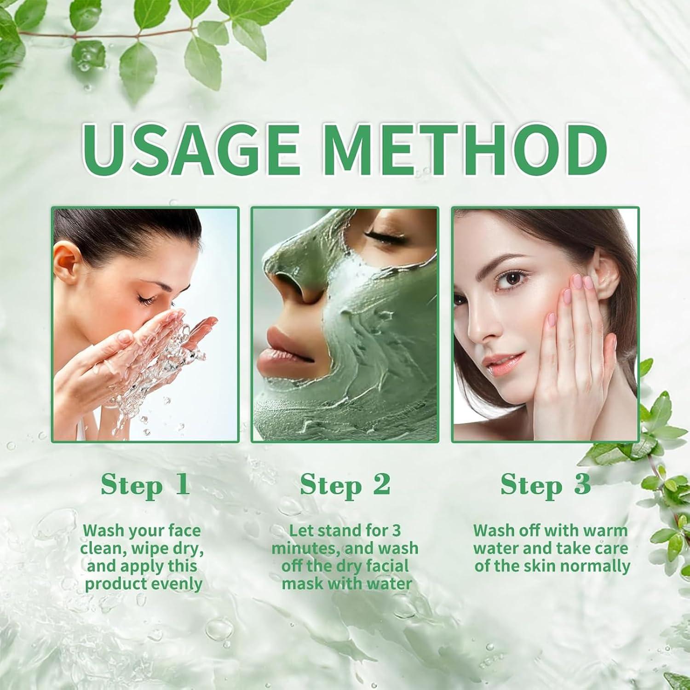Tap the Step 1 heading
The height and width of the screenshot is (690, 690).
click(x=145, y=484)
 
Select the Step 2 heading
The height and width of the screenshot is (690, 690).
click(x=345, y=484)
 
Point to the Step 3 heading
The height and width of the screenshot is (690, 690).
click(x=546, y=484)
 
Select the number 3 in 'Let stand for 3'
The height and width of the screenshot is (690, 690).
click(x=396, y=530)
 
